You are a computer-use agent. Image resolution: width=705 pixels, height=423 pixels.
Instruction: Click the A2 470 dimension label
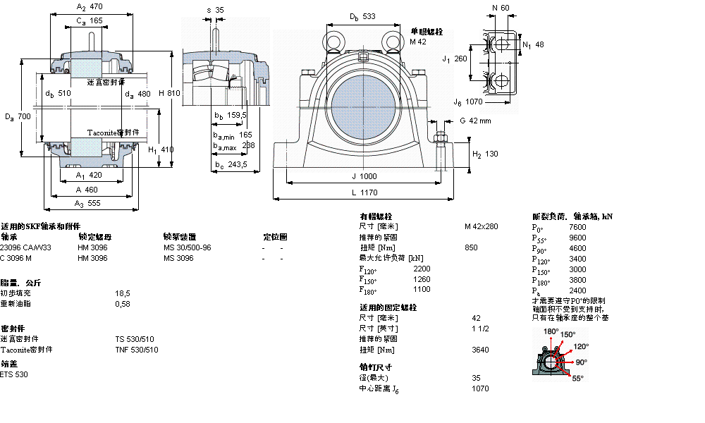pos(89,6)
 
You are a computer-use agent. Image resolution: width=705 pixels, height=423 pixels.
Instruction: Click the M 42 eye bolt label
pos(419,42)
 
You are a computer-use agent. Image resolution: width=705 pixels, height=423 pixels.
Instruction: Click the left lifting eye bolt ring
pos(332,39)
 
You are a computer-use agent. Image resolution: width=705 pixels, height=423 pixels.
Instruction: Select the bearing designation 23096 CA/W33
pos(25,247)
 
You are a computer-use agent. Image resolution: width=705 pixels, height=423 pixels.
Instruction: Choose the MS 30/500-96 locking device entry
pos(187,247)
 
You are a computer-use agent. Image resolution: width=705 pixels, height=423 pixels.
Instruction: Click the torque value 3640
pos(480,350)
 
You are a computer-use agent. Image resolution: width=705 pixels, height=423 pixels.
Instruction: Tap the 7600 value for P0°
pos(577,227)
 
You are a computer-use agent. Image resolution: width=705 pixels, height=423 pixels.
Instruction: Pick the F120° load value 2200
pos(421,269)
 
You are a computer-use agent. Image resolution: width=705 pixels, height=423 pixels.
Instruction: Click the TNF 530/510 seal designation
pos(137,350)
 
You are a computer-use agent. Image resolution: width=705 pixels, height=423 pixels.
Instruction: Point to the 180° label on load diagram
pos(551,331)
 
